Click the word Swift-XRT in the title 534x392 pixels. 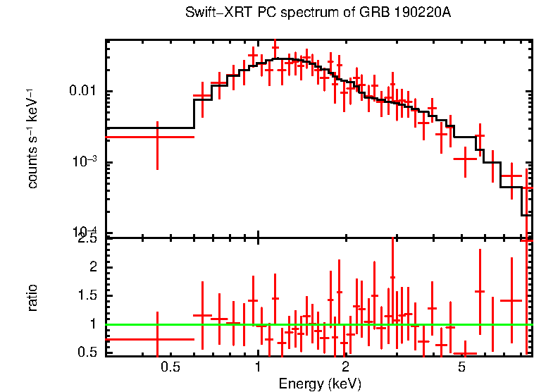[x=215, y=13]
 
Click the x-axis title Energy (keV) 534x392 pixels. [x=320, y=384]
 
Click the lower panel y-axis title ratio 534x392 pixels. [x=32, y=298]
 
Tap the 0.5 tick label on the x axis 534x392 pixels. [x=169, y=367]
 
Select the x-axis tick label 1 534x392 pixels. [x=258, y=367]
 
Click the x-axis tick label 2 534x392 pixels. [x=345, y=367]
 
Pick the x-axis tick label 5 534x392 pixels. [x=462, y=367]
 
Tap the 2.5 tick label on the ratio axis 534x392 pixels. [x=89, y=240]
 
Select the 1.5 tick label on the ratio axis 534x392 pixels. [x=89, y=295]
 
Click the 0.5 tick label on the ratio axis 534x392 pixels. [x=89, y=353]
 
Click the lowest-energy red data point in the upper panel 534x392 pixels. [x=157, y=137]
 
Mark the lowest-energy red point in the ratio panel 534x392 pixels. [x=157, y=339]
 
